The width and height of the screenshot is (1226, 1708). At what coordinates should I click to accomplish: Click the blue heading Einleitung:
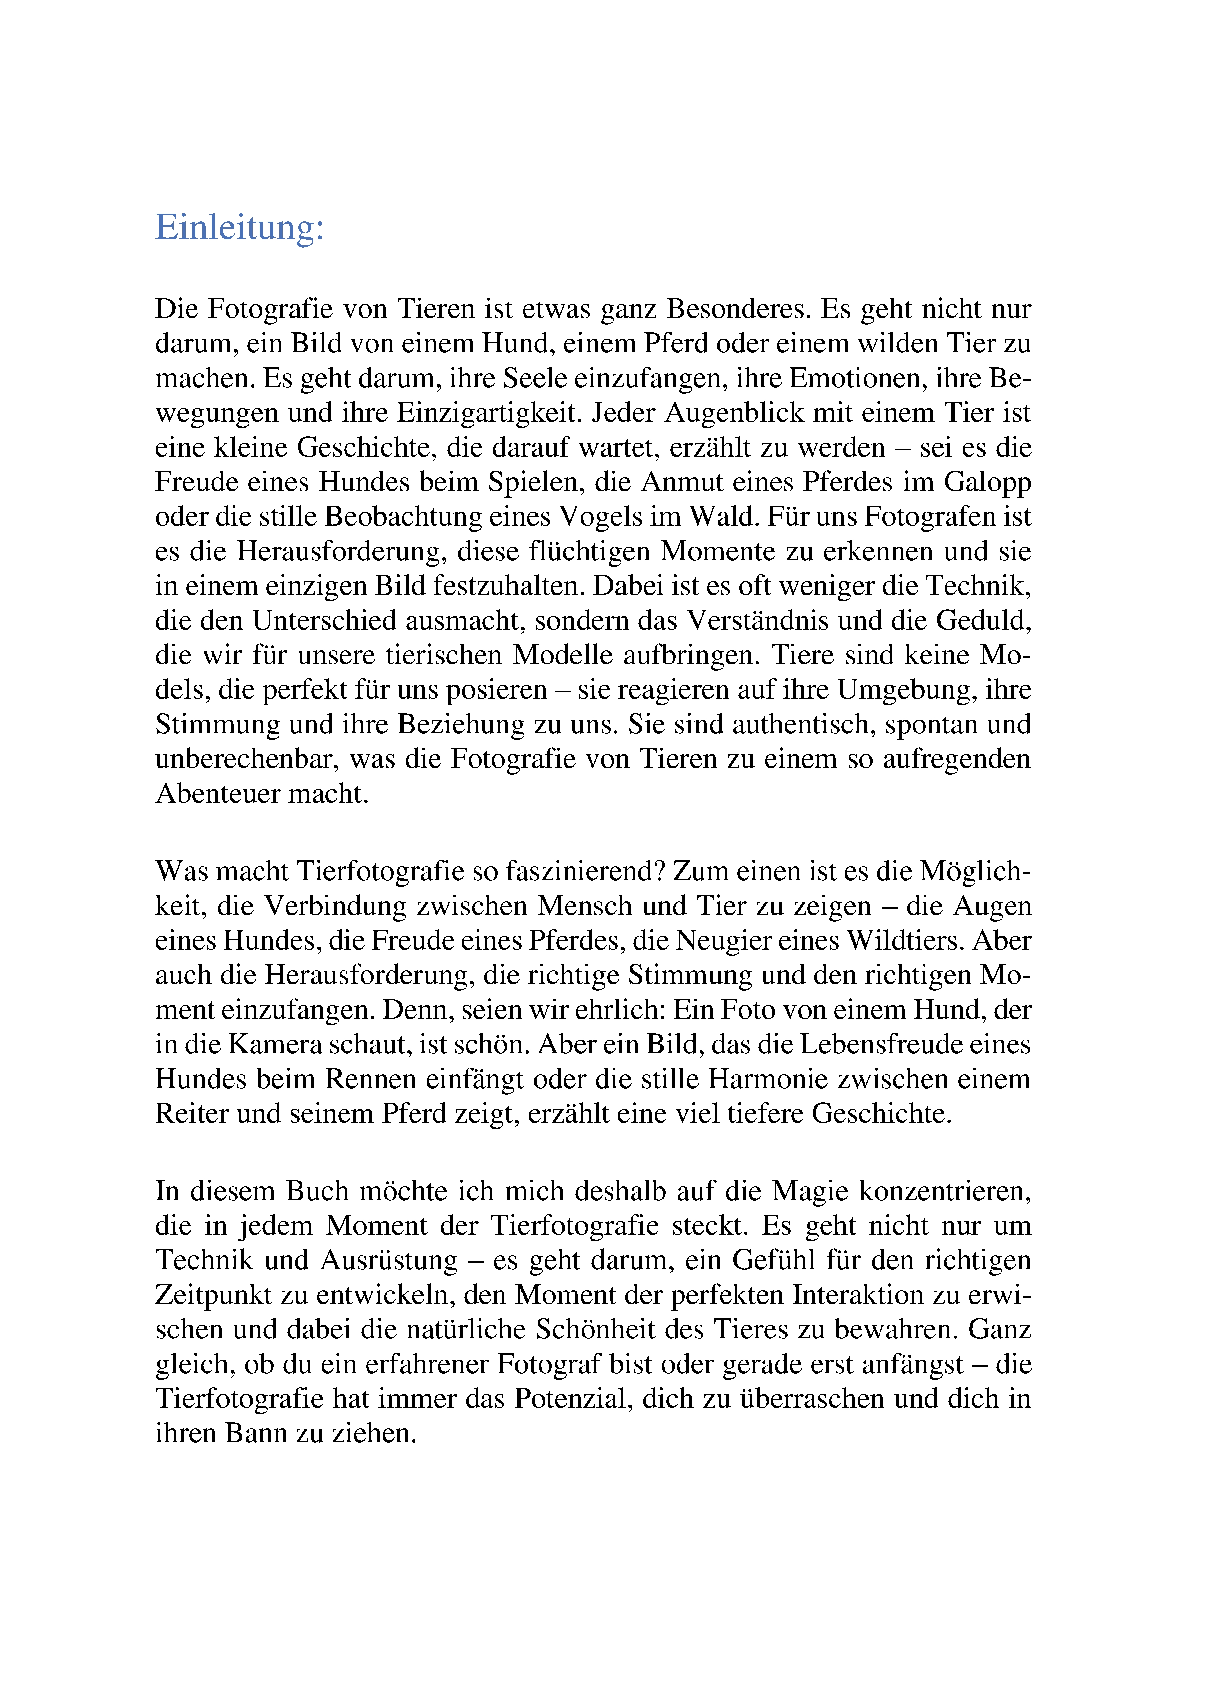[239, 227]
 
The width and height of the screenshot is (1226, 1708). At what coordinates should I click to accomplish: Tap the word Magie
[810, 1191]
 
